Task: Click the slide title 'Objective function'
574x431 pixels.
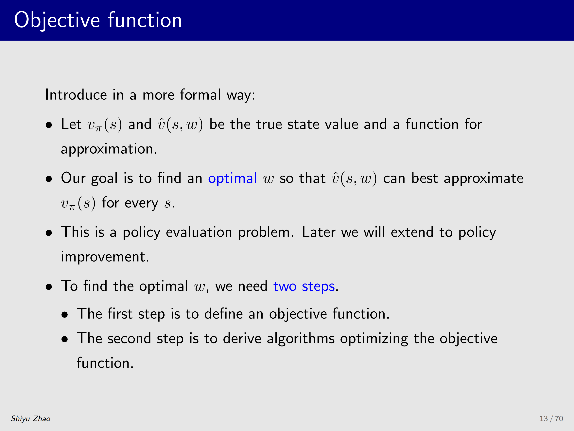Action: click(x=98, y=20)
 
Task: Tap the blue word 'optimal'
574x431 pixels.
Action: click(x=232, y=178)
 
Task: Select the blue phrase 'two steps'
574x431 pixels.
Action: click(x=304, y=286)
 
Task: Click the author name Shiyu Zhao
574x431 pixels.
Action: click(x=31, y=419)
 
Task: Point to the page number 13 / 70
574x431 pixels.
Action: click(x=551, y=419)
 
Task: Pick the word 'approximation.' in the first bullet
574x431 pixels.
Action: click(x=109, y=149)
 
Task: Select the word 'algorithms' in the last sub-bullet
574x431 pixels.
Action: click(x=301, y=339)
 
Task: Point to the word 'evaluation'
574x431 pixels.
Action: click(x=199, y=232)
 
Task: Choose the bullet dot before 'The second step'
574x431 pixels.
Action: click(x=65, y=339)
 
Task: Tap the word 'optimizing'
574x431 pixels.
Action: click(x=374, y=339)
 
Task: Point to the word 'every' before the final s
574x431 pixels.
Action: click(x=141, y=203)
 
